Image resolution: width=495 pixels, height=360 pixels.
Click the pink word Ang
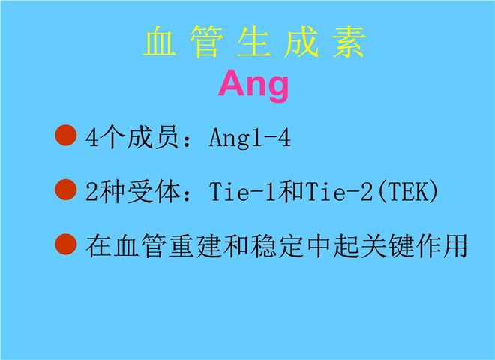click(x=253, y=85)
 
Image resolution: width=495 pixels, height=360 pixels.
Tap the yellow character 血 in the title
click(x=160, y=42)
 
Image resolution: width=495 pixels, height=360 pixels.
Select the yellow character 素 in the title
click(x=349, y=42)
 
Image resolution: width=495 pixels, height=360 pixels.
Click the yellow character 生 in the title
click(x=253, y=42)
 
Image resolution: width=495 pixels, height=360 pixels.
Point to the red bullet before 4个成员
click(x=66, y=136)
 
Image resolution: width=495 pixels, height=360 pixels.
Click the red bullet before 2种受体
click(x=66, y=190)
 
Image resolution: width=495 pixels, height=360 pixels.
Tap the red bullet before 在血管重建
click(x=66, y=244)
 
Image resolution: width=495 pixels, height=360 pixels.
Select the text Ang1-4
click(x=250, y=138)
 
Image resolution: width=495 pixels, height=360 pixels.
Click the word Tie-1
click(x=242, y=192)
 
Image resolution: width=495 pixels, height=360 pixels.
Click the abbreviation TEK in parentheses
click(x=408, y=192)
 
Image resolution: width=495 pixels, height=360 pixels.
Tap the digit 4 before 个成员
click(x=91, y=138)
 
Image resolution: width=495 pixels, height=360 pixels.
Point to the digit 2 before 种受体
click(x=91, y=192)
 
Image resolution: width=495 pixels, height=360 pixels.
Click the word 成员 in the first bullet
click(x=154, y=138)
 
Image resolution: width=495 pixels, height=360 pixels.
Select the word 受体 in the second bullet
click(x=154, y=192)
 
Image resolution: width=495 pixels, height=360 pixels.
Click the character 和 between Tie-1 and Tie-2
click(x=291, y=192)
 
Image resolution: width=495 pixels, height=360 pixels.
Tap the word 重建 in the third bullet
click(x=195, y=246)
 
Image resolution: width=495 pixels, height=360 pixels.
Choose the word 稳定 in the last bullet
click(x=277, y=246)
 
